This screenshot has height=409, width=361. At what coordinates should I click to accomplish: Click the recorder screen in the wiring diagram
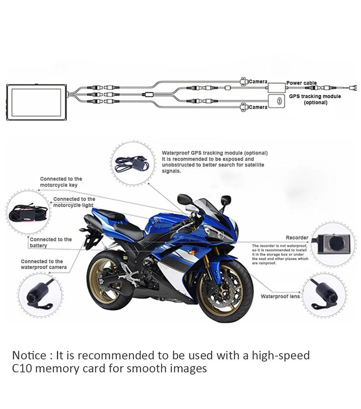36,102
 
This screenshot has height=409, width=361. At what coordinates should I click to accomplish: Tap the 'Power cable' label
301,83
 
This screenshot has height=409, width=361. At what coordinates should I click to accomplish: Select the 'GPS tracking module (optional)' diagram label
315,100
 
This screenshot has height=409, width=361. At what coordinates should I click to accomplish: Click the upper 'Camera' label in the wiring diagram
258,82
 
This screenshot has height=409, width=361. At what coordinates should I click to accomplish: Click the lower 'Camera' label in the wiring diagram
258,107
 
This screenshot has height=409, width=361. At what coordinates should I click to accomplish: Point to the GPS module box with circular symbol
276,101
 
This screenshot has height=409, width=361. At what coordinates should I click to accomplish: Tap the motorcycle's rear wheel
110,281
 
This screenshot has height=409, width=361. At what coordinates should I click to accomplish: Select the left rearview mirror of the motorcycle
185,199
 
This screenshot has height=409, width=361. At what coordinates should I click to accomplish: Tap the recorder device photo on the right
334,244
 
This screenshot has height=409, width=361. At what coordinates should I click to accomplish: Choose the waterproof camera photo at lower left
40,294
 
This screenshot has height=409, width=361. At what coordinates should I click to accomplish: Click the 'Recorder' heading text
297,238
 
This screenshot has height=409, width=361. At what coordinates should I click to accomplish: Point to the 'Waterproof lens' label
280,296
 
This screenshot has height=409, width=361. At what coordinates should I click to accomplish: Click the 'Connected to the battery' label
51,243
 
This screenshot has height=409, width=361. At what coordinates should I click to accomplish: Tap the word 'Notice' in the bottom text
29,355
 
